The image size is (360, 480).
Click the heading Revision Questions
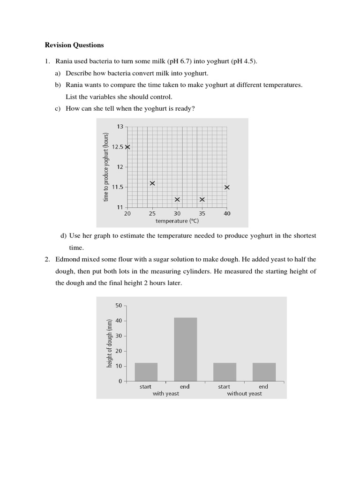(x=74, y=45)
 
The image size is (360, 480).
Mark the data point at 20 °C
(x=127, y=147)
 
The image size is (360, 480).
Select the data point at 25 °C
(x=152, y=183)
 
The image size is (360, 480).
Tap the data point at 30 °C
(x=177, y=199)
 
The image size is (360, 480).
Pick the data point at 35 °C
(x=202, y=199)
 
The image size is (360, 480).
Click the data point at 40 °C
(x=227, y=187)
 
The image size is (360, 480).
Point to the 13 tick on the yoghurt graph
(x=120, y=127)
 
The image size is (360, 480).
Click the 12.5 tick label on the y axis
(x=118, y=147)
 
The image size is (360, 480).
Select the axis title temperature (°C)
(x=178, y=221)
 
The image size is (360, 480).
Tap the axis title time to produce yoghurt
(x=106, y=167)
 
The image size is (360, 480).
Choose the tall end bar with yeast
(x=186, y=349)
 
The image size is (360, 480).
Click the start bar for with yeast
(x=146, y=372)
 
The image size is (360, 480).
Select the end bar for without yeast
(x=264, y=372)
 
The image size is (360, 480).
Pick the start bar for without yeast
(x=225, y=372)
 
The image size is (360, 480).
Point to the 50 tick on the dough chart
(x=119, y=306)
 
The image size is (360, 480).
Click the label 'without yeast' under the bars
(x=244, y=394)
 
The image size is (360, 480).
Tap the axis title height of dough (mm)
(x=109, y=343)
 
